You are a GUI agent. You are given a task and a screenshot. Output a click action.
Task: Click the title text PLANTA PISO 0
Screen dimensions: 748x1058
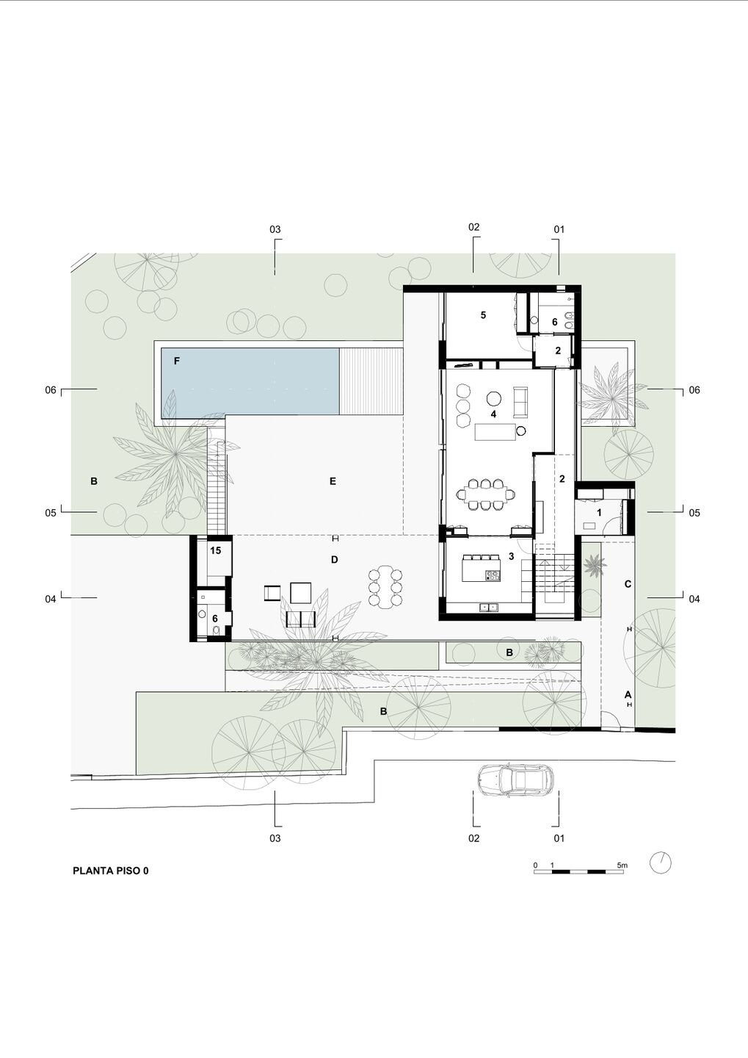[110, 871]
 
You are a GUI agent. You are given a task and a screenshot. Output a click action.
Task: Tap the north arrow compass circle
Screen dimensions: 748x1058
[660, 863]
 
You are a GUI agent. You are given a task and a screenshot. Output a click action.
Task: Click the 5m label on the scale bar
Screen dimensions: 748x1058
[622, 866]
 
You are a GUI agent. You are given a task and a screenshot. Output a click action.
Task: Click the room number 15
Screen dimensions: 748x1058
[215, 551]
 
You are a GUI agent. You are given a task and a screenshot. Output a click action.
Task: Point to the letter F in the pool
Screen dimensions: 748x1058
[177, 361]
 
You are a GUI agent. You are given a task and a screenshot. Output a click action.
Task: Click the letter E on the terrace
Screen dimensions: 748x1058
[333, 481]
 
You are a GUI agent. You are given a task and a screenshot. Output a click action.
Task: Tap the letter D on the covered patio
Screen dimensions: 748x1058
[335, 560]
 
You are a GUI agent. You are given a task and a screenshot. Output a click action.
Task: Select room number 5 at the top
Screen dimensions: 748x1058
[483, 315]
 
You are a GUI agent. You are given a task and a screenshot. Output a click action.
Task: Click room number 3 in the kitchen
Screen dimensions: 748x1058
[511, 557]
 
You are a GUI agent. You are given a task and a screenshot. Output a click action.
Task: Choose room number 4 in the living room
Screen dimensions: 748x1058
[493, 414]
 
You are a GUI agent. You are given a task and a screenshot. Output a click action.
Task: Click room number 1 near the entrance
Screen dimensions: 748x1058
[599, 513]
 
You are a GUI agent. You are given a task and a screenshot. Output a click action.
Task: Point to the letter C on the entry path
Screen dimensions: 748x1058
[628, 584]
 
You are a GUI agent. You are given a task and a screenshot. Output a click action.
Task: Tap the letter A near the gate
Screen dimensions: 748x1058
[628, 695]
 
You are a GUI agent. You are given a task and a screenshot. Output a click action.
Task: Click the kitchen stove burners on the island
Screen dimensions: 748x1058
[493, 575]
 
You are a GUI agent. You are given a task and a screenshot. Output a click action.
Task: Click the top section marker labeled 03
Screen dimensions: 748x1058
[275, 229]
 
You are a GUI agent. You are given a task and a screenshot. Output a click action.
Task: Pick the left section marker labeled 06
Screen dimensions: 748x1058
[51, 390]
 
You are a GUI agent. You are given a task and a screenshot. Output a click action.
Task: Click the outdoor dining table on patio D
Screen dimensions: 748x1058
[387, 586]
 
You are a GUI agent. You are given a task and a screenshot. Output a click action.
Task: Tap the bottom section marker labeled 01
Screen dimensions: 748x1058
[559, 838]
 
